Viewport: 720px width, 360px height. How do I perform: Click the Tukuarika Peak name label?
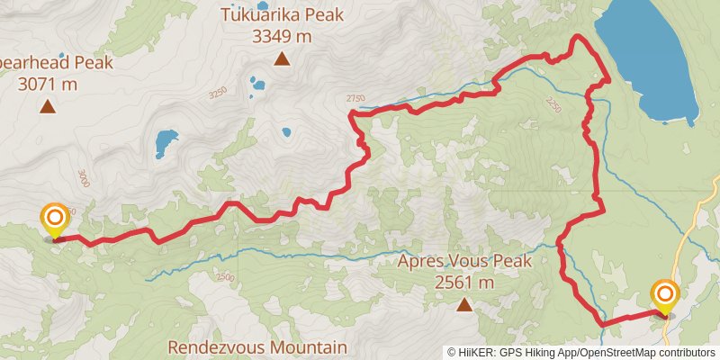pos(282,15)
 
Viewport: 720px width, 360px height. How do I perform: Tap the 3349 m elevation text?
pos(282,36)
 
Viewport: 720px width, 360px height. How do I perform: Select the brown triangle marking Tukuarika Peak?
pos(282,60)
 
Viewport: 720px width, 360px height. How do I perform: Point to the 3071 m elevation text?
pos(47,85)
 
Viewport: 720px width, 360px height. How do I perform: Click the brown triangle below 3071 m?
pos(47,108)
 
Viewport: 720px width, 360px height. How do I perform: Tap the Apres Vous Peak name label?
pos(465,262)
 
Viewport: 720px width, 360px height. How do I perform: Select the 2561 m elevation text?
pos(465,283)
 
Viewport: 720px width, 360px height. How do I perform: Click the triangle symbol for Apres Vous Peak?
pos(464,306)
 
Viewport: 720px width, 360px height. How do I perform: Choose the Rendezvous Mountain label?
pos(256,347)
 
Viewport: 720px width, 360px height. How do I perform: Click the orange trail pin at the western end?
pos(55,220)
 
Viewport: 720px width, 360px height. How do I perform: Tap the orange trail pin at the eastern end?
pos(665,296)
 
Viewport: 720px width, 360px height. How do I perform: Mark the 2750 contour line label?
pos(355,98)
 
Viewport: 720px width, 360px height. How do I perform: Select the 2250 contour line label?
pos(552,105)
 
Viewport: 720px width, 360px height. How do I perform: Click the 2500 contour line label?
pos(224,276)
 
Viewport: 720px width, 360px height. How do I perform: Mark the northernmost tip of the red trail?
pos(577,37)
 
